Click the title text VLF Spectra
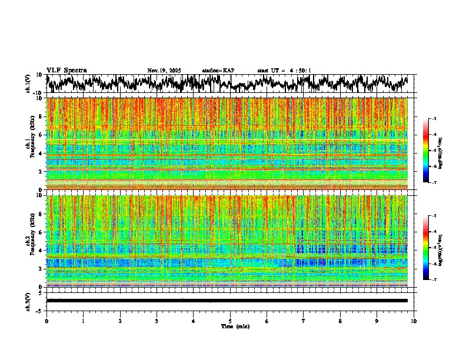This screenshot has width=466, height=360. [66, 70]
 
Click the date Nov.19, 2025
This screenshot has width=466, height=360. [164, 71]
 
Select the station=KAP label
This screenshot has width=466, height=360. [218, 71]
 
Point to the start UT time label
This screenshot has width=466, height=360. [284, 71]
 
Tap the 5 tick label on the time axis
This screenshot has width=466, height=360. [230, 321]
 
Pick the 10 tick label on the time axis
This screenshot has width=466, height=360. [414, 321]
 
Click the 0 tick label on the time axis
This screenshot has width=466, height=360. [46, 321]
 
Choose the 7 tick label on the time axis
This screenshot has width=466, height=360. [304, 321]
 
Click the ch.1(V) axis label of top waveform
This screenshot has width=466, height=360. [28, 84]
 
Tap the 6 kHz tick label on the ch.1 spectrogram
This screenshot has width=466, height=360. [40, 135]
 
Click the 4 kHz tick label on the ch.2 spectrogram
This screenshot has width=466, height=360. [40, 251]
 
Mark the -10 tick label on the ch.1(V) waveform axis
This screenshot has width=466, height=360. [37, 93]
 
